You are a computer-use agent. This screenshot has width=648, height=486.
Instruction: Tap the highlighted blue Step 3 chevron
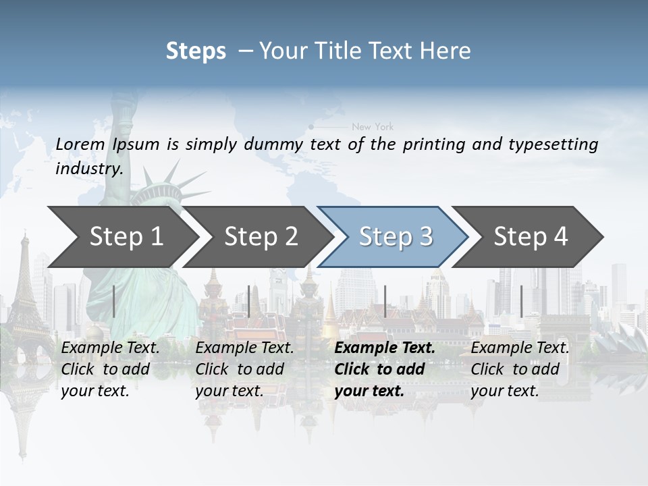tap(396, 236)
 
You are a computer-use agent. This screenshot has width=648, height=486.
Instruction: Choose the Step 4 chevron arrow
tap(531, 236)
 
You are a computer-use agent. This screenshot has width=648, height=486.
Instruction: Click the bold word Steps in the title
tap(196, 51)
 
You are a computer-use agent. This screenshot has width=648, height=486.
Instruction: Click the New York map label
tap(373, 126)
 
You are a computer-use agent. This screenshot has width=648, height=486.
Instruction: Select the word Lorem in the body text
tap(80, 144)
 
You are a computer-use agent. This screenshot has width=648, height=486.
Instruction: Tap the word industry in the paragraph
tap(89, 169)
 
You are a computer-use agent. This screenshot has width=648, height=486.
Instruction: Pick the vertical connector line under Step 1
tap(113, 301)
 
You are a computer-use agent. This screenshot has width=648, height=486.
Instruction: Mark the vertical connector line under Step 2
tap(249, 301)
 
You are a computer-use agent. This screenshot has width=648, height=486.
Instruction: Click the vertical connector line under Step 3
tap(385, 301)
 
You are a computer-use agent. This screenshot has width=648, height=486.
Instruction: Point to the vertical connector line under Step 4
tap(521, 301)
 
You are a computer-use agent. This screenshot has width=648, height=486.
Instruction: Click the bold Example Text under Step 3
tap(385, 348)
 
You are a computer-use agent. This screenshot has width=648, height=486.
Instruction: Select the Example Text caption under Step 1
tap(110, 348)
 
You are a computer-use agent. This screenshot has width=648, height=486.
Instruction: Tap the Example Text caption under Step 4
tap(520, 348)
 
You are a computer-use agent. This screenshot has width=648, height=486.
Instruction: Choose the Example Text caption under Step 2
tap(244, 348)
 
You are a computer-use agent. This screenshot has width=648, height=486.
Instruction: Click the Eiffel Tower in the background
tap(26, 283)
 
